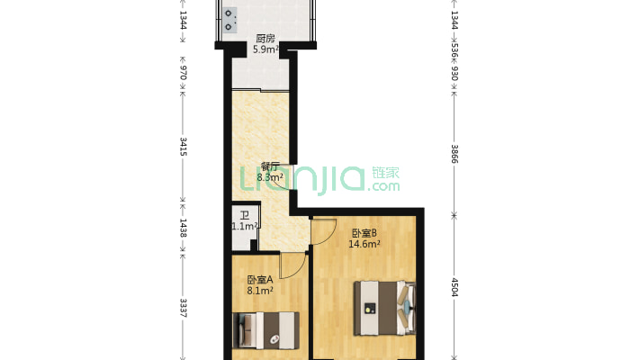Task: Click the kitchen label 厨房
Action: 265,39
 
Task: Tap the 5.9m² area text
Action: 265,49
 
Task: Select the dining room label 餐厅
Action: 270,166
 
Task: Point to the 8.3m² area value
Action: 270,177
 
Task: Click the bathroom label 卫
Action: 244,215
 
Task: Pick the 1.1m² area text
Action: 245,227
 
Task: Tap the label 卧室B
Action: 364,232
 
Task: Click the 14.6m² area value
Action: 364,243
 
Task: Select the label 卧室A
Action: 260,279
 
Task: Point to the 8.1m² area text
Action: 260,291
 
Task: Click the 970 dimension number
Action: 184,72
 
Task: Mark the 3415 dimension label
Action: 184,148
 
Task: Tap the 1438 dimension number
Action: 184,229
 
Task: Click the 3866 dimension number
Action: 454,153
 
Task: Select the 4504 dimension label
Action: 454,288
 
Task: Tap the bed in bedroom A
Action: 266,330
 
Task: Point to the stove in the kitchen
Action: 230,20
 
